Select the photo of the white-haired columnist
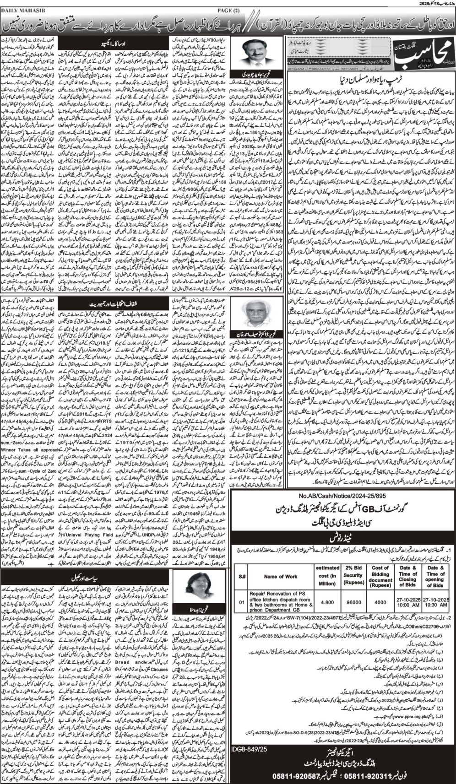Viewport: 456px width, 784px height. coord(251,327)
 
